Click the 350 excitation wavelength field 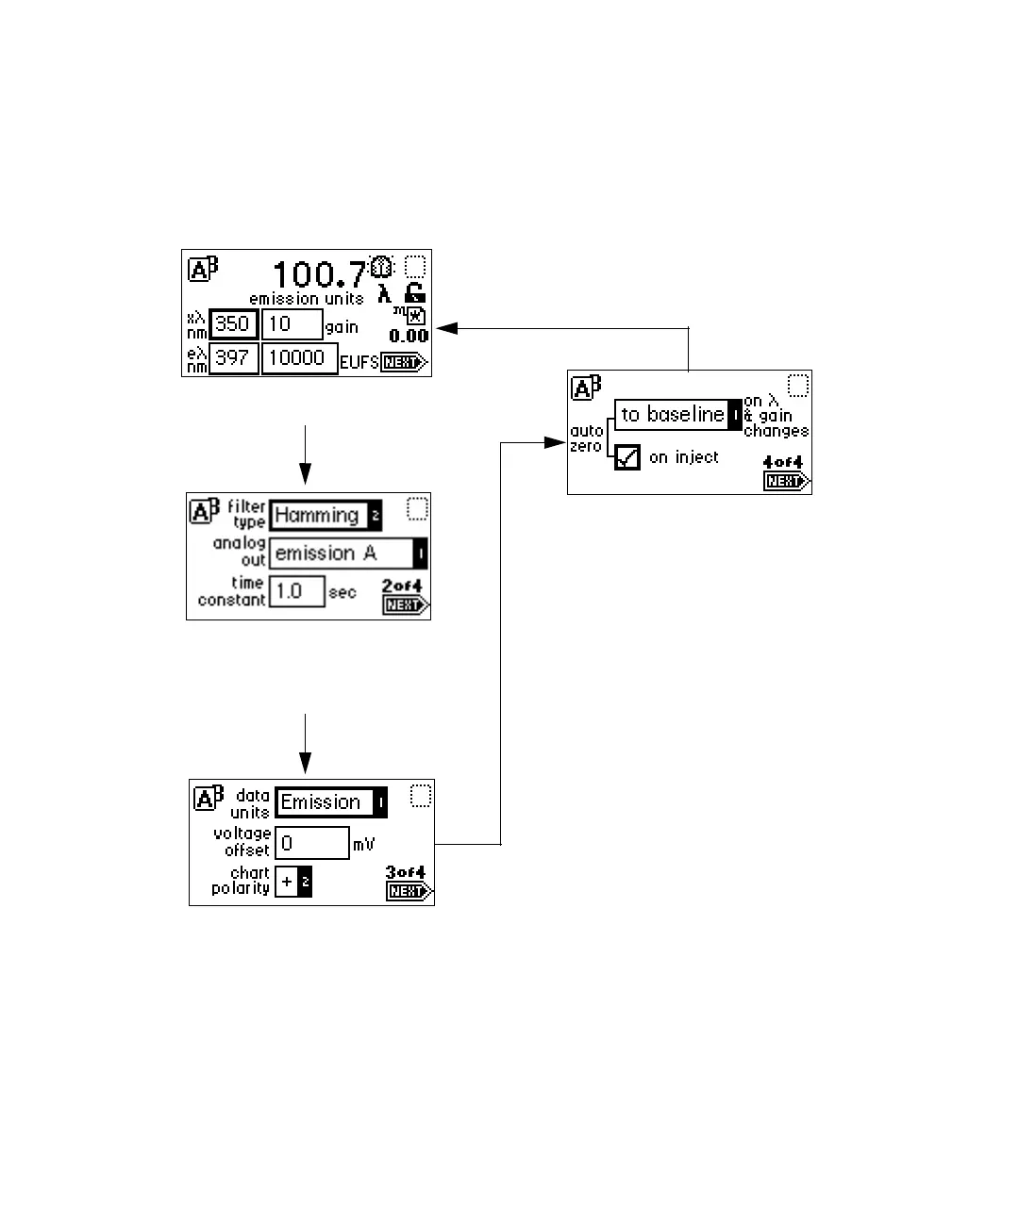tap(233, 324)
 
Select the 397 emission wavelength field tap(233, 358)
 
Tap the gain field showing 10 tap(292, 324)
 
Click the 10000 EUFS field tap(299, 358)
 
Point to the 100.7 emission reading tap(318, 274)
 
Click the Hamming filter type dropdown tap(326, 516)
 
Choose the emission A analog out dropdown tap(348, 553)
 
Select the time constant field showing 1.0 tap(296, 591)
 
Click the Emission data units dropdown tap(330, 802)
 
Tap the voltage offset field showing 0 tap(311, 843)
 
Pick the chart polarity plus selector tap(292, 883)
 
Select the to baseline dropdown tap(677, 415)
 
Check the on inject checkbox tap(627, 457)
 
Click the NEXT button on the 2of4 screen tap(406, 605)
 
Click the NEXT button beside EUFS tap(404, 363)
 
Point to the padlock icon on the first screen tap(414, 293)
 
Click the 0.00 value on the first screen tap(409, 336)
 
